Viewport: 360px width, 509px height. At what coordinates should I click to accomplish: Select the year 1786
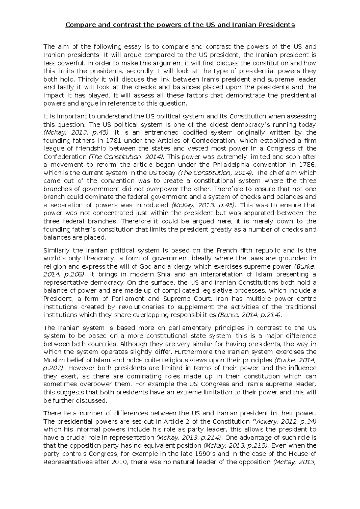[x=308, y=165]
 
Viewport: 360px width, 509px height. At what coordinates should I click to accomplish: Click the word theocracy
[x=99, y=258]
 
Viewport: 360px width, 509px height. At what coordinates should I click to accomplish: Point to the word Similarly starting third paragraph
[x=56, y=250]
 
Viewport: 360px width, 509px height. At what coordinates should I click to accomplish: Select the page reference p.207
[x=53, y=368]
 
